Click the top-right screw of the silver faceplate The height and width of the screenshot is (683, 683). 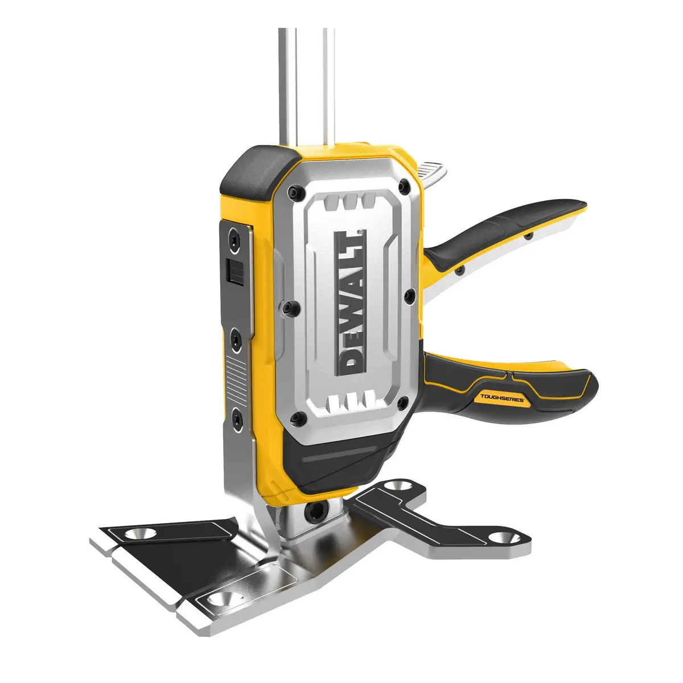[x=404, y=185]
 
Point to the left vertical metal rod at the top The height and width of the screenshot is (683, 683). [x=283, y=85]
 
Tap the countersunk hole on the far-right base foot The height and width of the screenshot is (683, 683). [x=500, y=536]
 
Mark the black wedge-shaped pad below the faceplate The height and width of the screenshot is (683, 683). [x=336, y=461]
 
